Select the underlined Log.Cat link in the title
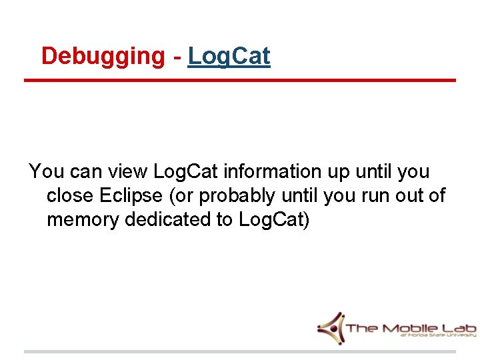pyautogui.click(x=229, y=57)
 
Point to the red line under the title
pyautogui.click(x=240, y=81)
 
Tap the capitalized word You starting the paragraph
pyautogui.click(x=44, y=172)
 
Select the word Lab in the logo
pyautogui.click(x=458, y=329)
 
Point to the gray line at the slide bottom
pyautogui.click(x=240, y=351)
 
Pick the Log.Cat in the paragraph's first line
pyautogui.click(x=185, y=172)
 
